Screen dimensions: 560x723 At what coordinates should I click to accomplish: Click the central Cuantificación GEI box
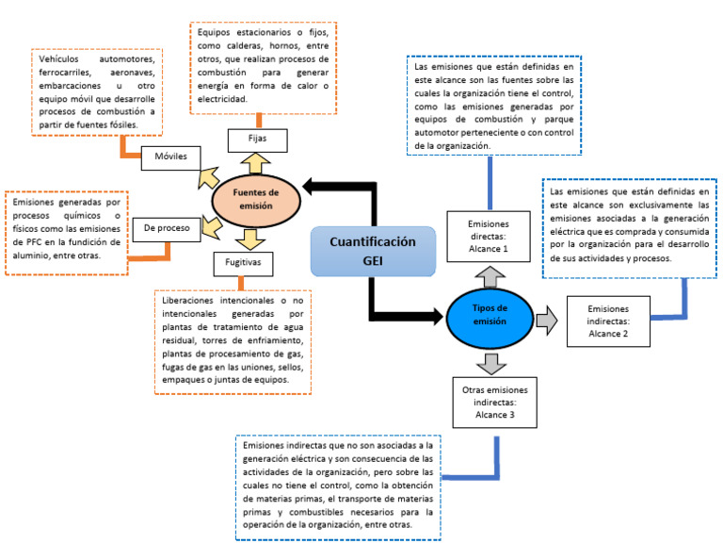point(373,252)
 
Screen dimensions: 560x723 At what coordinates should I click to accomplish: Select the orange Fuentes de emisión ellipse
point(257,195)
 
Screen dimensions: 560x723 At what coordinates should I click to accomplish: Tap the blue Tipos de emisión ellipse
point(489,314)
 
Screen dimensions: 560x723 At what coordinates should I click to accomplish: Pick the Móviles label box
point(170,156)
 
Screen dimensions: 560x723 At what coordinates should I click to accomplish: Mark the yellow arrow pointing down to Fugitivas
point(250,237)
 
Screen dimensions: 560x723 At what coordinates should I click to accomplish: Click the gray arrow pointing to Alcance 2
point(548,321)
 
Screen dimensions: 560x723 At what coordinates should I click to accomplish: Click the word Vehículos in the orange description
point(61,59)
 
